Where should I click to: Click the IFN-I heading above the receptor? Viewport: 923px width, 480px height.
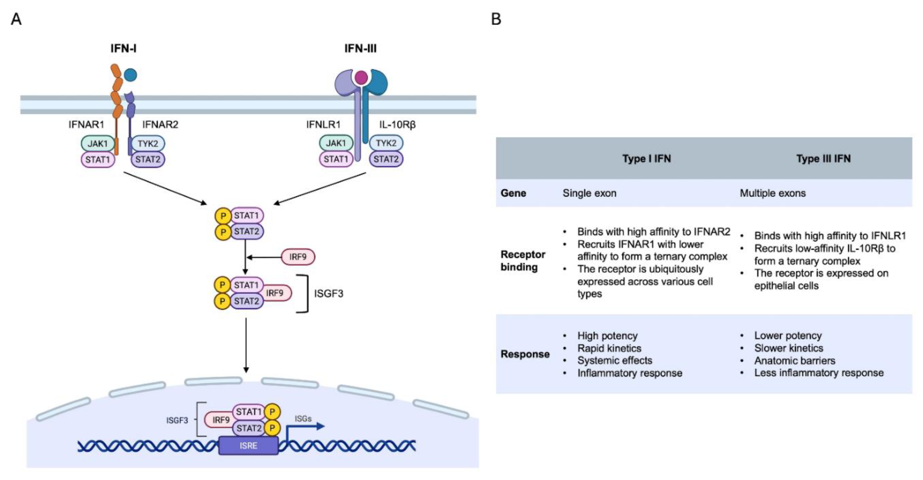tap(123, 48)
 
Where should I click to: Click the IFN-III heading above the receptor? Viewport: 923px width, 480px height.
tap(360, 48)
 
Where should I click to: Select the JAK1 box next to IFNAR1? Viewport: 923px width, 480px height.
tap(97, 143)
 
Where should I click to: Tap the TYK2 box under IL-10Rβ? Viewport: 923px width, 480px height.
tap(386, 143)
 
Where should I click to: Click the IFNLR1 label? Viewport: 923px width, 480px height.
tap(323, 124)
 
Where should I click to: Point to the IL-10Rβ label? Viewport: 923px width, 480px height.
tap(397, 124)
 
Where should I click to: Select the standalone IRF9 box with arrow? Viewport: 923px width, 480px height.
tap(298, 257)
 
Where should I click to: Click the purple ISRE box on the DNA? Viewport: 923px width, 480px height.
tap(248, 446)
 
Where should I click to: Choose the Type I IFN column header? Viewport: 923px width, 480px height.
tap(646, 158)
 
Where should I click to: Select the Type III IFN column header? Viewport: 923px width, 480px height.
tap(823, 158)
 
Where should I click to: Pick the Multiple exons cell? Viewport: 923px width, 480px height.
tap(773, 193)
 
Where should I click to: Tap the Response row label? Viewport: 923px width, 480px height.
tap(525, 354)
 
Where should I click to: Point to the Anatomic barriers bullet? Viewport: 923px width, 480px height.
tap(794, 360)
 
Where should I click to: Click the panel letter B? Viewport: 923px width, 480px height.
tap(496, 19)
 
